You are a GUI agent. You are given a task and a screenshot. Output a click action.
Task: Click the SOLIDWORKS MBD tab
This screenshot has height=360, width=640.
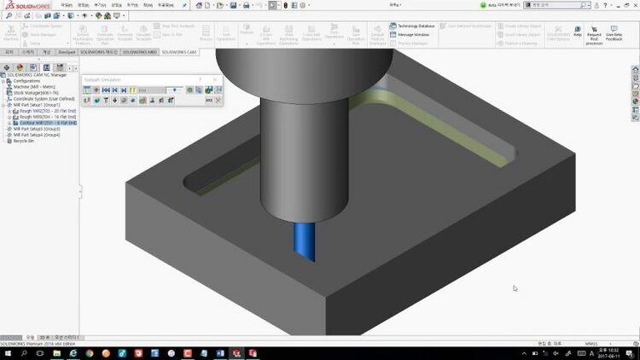[x=140, y=52]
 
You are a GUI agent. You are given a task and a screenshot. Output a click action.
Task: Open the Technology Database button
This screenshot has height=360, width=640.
[x=416, y=26]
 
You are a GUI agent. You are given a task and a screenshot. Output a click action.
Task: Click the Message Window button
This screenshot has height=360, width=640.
[x=411, y=34]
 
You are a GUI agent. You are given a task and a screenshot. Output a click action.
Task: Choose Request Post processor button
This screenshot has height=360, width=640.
[x=594, y=37]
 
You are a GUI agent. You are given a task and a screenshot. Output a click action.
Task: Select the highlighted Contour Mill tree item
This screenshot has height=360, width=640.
[x=47, y=123]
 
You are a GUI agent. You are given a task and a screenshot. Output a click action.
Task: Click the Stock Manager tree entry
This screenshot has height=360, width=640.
[x=34, y=92]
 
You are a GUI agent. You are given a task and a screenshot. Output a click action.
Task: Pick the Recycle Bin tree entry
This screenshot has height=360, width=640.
[x=25, y=141]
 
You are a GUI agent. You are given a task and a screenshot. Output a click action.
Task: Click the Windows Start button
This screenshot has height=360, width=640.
[x=6, y=352]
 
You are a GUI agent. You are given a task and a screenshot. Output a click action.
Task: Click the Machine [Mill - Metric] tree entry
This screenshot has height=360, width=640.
[x=36, y=86]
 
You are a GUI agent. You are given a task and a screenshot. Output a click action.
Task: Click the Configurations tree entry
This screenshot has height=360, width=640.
[x=27, y=80]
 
